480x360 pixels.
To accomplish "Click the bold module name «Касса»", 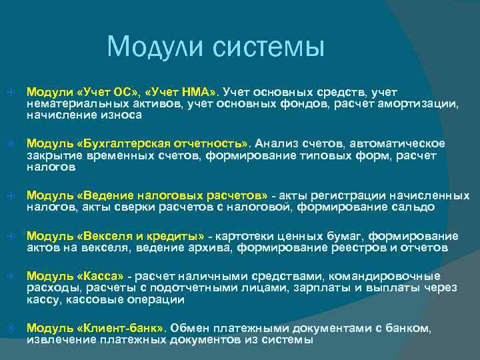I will click(102, 276).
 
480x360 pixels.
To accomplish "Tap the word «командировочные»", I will click(397, 276).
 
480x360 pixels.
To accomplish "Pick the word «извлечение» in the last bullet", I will click(58, 340).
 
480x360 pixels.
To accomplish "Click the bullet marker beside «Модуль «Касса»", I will click(9, 276).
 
